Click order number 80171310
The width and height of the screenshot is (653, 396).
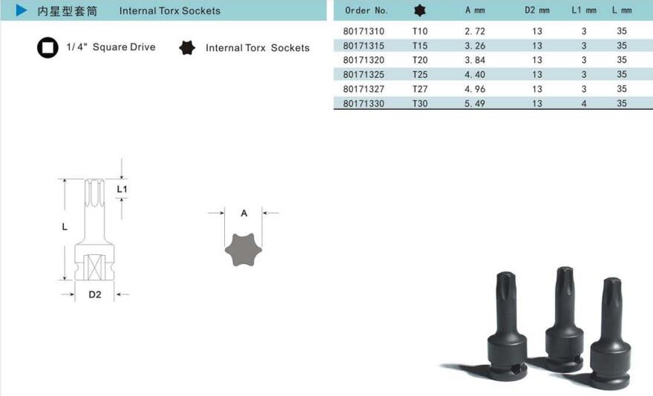point(364,31)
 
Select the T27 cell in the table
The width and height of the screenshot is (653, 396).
point(420,89)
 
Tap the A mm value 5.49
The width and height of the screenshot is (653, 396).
point(475,103)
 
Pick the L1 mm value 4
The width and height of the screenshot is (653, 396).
point(584,103)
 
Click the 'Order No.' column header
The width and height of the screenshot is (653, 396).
point(366,10)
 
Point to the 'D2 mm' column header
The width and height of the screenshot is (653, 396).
point(536,10)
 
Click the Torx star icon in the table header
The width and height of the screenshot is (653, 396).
point(420,10)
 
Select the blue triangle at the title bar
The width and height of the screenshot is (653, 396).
point(22,10)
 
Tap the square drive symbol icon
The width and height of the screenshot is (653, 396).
point(47,47)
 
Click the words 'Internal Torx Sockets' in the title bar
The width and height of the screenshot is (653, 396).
point(170,11)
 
